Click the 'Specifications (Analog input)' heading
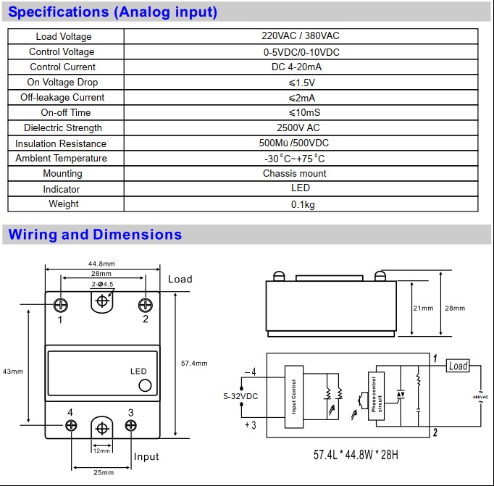pyautogui.click(x=112, y=12)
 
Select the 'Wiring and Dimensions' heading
pyautogui.click(x=95, y=235)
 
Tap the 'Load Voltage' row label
pyautogui.click(x=64, y=37)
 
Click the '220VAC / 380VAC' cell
pyautogui.click(x=300, y=37)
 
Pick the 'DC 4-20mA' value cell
pyautogui.click(x=301, y=67)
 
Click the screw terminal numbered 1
pyautogui.click(x=62, y=304)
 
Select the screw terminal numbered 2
pyautogui.click(x=145, y=304)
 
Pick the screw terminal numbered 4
pyautogui.click(x=71, y=426)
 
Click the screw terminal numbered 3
pyautogui.click(x=131, y=426)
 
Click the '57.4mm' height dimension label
pyautogui.click(x=194, y=363)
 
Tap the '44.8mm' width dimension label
pyautogui.click(x=101, y=264)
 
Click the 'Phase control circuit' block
pyautogui.click(x=374, y=398)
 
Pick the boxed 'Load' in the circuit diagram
pyautogui.click(x=458, y=366)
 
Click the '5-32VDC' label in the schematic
pyautogui.click(x=240, y=396)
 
